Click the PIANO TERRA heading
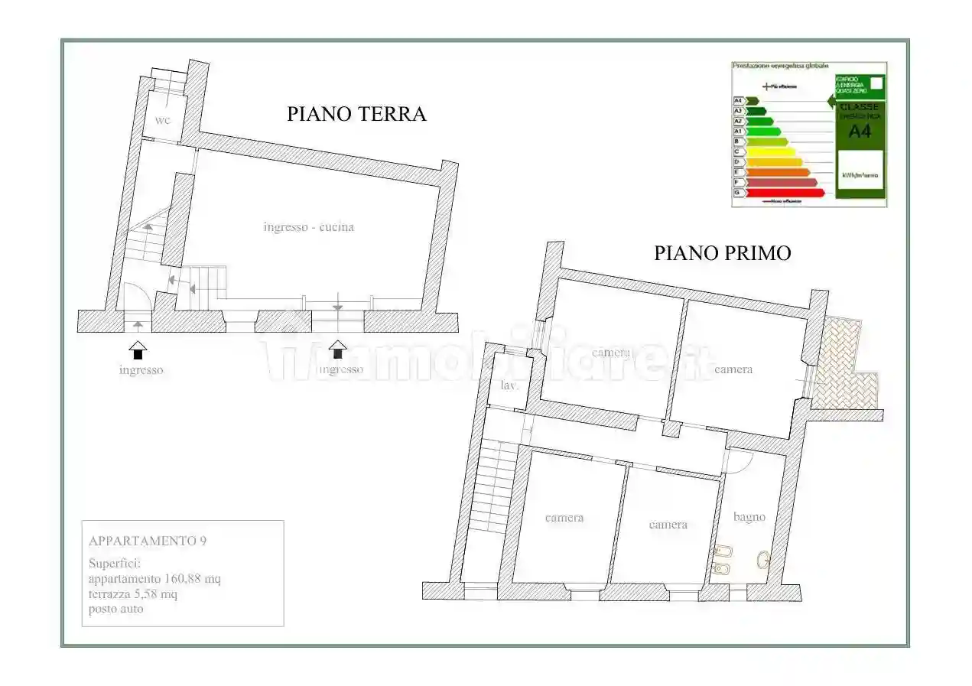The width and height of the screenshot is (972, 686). (x=356, y=114)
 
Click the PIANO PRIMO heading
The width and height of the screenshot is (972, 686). (x=722, y=253)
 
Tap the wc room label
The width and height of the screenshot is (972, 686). (x=162, y=121)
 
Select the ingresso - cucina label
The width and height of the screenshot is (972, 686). (x=308, y=227)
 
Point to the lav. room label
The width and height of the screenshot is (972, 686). (x=509, y=385)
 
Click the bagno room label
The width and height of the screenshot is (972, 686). (x=749, y=517)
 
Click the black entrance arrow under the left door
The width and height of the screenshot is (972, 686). (x=138, y=350)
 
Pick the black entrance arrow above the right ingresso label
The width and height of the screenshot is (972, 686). (x=338, y=350)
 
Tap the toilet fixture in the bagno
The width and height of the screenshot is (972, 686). (x=762, y=561)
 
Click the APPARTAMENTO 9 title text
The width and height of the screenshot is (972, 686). (x=148, y=541)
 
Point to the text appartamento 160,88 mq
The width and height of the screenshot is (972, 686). (x=154, y=578)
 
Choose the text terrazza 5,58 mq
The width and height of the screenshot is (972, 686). (x=133, y=593)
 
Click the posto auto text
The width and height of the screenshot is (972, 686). (x=115, y=609)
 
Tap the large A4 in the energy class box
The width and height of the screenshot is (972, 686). (x=860, y=131)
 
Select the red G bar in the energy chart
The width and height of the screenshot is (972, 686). (x=784, y=193)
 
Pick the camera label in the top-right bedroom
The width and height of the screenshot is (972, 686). (x=733, y=369)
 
